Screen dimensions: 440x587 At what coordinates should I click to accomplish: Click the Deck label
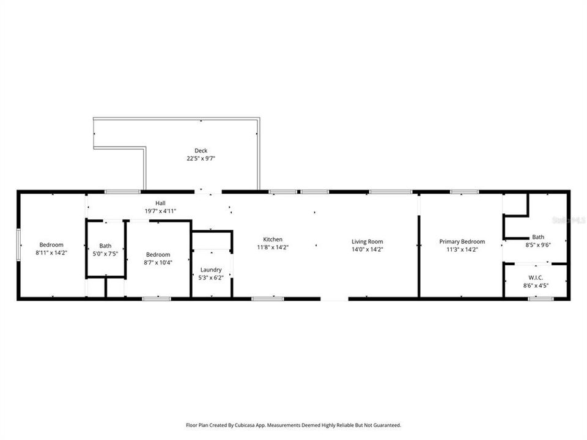point(201,150)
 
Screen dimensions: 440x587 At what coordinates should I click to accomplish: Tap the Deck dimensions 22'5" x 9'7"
point(201,158)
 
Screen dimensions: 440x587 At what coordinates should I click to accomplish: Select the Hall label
point(160,203)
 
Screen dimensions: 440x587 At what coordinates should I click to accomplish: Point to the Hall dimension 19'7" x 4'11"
point(160,211)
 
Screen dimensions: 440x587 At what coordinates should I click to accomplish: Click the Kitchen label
point(273,239)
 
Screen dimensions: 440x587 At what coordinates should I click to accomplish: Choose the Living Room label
point(367,241)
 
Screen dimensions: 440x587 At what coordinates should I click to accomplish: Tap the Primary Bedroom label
point(462,241)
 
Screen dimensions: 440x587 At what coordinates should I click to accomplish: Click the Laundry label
point(212,269)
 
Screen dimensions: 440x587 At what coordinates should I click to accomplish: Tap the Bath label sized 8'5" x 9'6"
point(538,237)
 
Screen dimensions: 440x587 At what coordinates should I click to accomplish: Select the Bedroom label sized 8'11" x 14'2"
point(51,244)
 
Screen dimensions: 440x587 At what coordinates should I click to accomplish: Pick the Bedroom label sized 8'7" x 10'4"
point(158,254)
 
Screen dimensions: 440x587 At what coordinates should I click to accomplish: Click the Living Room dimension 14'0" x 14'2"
point(367,249)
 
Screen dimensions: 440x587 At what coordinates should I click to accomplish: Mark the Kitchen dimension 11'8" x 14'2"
point(273,248)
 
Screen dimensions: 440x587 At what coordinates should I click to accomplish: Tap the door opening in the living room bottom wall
point(334,299)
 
